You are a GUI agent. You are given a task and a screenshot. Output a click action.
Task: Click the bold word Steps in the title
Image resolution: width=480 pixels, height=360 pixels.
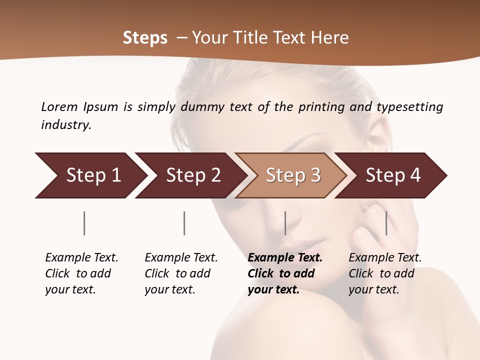coord(145,38)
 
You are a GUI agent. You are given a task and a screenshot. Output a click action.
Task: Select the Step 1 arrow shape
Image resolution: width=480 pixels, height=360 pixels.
coord(90,175)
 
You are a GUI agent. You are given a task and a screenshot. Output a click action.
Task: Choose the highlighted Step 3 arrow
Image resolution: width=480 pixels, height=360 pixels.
coord(292,175)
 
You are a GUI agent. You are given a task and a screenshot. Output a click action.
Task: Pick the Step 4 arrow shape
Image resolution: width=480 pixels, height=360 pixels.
coord(392,175)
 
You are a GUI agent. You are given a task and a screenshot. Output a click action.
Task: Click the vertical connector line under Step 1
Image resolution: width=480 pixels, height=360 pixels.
coord(84,223)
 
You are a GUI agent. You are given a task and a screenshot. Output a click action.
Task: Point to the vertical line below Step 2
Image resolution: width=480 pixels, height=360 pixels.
coord(184,223)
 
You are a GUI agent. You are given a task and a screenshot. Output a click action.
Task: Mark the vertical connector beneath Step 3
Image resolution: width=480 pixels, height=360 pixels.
coord(285,223)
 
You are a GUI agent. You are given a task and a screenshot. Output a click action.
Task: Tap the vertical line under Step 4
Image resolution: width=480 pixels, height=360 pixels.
coord(386,223)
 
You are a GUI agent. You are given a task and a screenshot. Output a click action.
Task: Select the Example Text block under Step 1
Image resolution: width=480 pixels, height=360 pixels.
coord(81,273)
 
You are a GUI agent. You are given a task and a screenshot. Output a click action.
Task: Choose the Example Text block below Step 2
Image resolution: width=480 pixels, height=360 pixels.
coord(181,273)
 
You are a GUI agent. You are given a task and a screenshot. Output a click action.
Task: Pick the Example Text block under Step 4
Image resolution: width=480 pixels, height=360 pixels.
coord(385,273)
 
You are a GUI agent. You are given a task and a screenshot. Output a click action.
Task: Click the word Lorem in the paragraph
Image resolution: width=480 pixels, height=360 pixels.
coord(59,106)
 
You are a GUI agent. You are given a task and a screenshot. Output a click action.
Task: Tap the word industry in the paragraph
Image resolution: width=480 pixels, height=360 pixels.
coord(66,125)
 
